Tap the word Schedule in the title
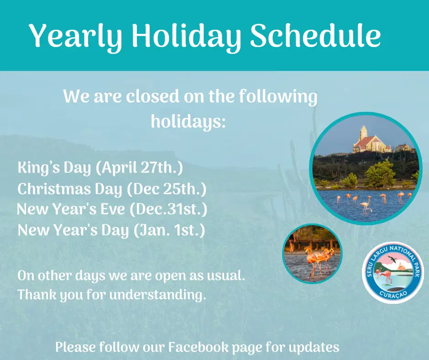[x=315, y=35]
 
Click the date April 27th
[x=139, y=167]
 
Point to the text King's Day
[x=54, y=167]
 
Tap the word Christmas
[x=54, y=189]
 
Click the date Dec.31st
[x=168, y=209]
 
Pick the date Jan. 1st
[x=169, y=230]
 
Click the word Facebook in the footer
[x=198, y=347]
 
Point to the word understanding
[x=157, y=295]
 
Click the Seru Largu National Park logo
[x=392, y=272]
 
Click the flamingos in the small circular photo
[x=319, y=260]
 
